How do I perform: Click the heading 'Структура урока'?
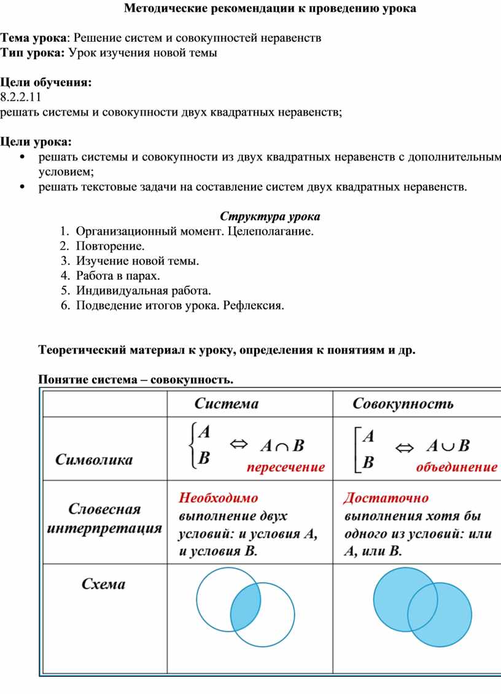[270, 216]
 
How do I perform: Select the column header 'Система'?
[227, 404]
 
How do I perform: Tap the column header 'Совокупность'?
[403, 404]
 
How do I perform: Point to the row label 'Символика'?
[94, 459]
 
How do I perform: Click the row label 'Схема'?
[104, 584]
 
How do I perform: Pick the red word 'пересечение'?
[285, 467]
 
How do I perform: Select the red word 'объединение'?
[457, 467]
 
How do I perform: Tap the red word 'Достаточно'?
[387, 497]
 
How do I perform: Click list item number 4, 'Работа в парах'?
[114, 275]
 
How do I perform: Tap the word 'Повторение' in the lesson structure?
[111, 246]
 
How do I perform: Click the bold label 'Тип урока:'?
[33, 52]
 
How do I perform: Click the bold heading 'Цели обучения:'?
[45, 82]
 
